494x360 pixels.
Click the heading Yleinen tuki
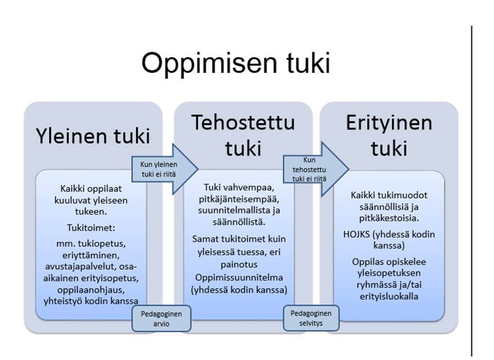click(93, 136)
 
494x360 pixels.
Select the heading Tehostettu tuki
click(243, 135)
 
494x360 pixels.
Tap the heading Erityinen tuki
click(389, 135)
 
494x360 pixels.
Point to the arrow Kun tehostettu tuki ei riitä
click(315, 169)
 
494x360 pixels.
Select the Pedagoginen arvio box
click(161, 318)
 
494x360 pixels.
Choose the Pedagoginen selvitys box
click(311, 318)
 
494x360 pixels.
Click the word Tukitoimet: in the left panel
click(91, 227)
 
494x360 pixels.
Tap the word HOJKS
click(356, 235)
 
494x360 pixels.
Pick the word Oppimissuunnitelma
click(239, 278)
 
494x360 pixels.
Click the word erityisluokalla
click(389, 296)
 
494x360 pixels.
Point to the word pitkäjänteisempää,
click(239, 200)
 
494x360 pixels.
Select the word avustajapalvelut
click(81, 266)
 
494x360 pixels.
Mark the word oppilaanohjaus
click(91, 290)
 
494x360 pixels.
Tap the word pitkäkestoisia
click(389, 218)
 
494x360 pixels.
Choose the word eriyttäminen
click(91, 255)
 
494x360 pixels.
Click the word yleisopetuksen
click(389, 273)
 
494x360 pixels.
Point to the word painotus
click(239, 264)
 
